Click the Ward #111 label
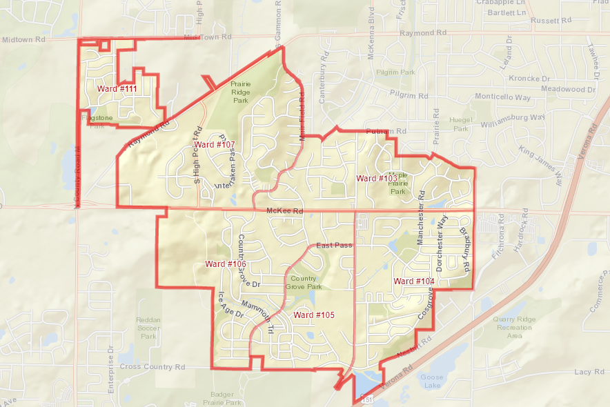(x=117, y=90)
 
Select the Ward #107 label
(x=216, y=145)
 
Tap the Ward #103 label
(x=376, y=179)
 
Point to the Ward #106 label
(x=226, y=264)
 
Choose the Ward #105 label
(x=314, y=315)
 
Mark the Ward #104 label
(x=414, y=281)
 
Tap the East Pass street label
(x=334, y=246)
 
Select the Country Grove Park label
(x=304, y=282)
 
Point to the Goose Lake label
(x=431, y=381)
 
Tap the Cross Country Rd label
(x=153, y=367)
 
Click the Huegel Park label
(x=460, y=124)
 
